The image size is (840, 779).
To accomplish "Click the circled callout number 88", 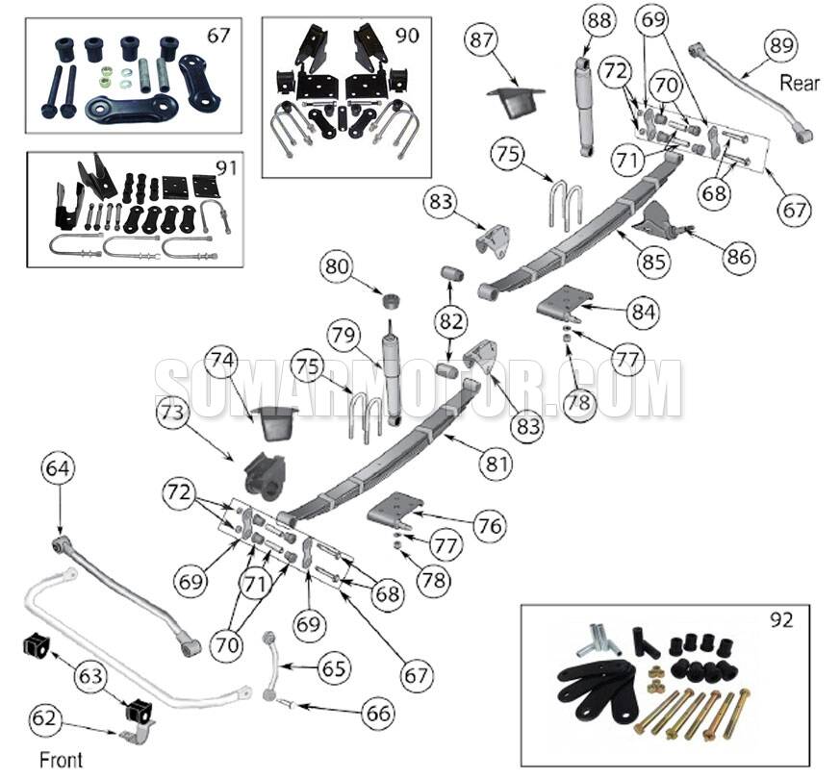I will (x=599, y=20).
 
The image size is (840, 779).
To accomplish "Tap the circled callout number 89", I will (x=780, y=44).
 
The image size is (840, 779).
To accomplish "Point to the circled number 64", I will (x=57, y=470).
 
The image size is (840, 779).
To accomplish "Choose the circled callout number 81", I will (x=494, y=465).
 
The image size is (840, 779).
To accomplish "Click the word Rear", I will (x=800, y=83).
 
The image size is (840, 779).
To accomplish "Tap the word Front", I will (x=61, y=760).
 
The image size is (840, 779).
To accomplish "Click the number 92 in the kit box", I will (x=781, y=620).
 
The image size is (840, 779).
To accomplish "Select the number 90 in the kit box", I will (x=407, y=35).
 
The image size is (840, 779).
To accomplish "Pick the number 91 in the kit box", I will (x=224, y=166).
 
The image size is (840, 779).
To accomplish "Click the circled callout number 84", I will (x=644, y=312).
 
